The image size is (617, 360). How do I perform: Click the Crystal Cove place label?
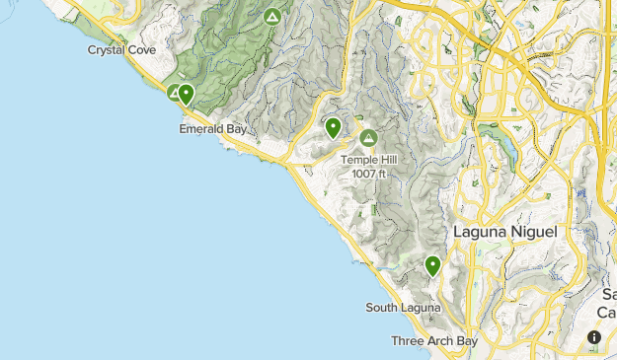coord(121,49)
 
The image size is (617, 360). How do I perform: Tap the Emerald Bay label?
coord(212,128)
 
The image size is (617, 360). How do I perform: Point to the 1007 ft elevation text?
coord(368,174)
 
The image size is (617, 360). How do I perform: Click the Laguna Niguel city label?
coord(505,231)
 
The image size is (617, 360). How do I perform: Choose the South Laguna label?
coord(403,308)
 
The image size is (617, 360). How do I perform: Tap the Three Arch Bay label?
coord(434,341)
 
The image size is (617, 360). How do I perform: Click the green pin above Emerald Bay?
coord(186,95)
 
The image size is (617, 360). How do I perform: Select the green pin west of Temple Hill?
coord(334,127)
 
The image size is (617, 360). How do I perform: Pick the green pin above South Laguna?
coord(432,265)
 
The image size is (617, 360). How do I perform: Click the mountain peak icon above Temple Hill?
coord(369,137)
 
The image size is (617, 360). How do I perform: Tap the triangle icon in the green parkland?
coord(272,17)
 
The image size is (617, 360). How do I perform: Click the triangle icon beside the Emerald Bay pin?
coord(175,93)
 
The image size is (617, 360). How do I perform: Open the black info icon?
coord(594,337)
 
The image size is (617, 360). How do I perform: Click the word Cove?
coord(142,49)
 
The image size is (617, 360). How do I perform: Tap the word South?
coord(383,308)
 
